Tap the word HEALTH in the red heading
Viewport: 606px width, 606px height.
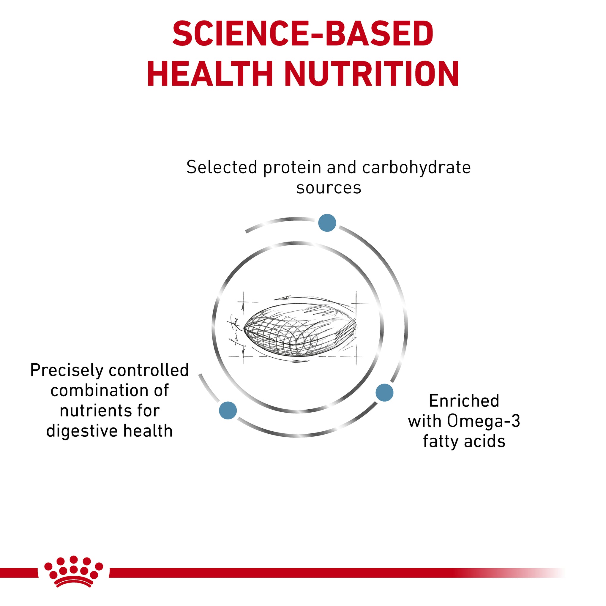[x=209, y=74]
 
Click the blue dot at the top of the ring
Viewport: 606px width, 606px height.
[x=327, y=223]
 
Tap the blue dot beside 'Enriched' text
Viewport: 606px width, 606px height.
[x=384, y=392]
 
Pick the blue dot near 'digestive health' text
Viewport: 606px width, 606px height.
[x=228, y=410]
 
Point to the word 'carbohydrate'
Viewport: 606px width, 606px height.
[x=416, y=168]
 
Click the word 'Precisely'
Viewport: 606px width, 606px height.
[x=67, y=371]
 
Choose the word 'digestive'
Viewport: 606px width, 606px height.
[x=82, y=431]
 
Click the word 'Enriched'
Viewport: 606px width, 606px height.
[x=464, y=401]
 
